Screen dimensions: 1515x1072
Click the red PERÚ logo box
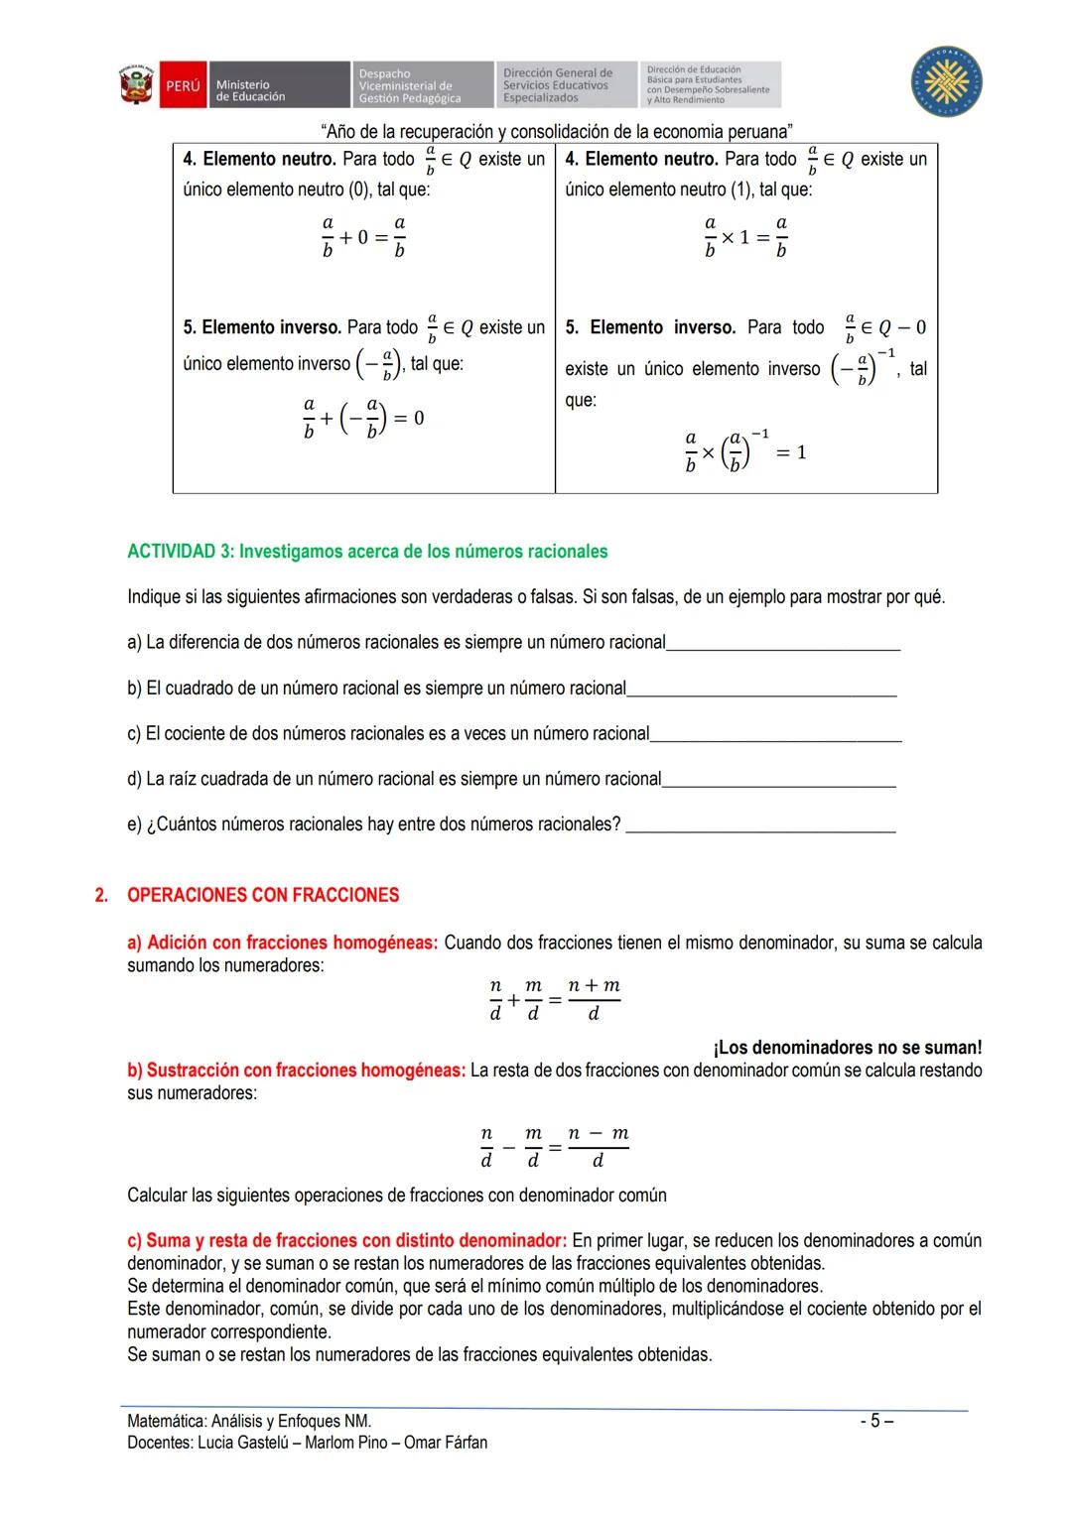pos(183,86)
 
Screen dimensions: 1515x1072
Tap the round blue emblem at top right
pos(947,80)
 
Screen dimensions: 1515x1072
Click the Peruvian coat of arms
pos(137,86)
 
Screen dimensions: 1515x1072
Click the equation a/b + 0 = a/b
pos(363,237)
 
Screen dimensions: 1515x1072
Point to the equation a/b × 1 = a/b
pos(745,237)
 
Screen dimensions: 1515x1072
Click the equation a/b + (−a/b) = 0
pos(363,418)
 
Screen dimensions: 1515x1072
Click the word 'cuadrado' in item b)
pos(211,689)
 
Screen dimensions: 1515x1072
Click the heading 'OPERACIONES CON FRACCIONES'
pos(263,895)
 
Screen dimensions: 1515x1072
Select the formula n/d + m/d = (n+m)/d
pos(555,999)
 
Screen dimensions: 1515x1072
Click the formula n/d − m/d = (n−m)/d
pos(554,1147)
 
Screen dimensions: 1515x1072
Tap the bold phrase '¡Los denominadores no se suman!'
pos(847,1048)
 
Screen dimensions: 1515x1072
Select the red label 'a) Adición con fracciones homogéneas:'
pos(282,943)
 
